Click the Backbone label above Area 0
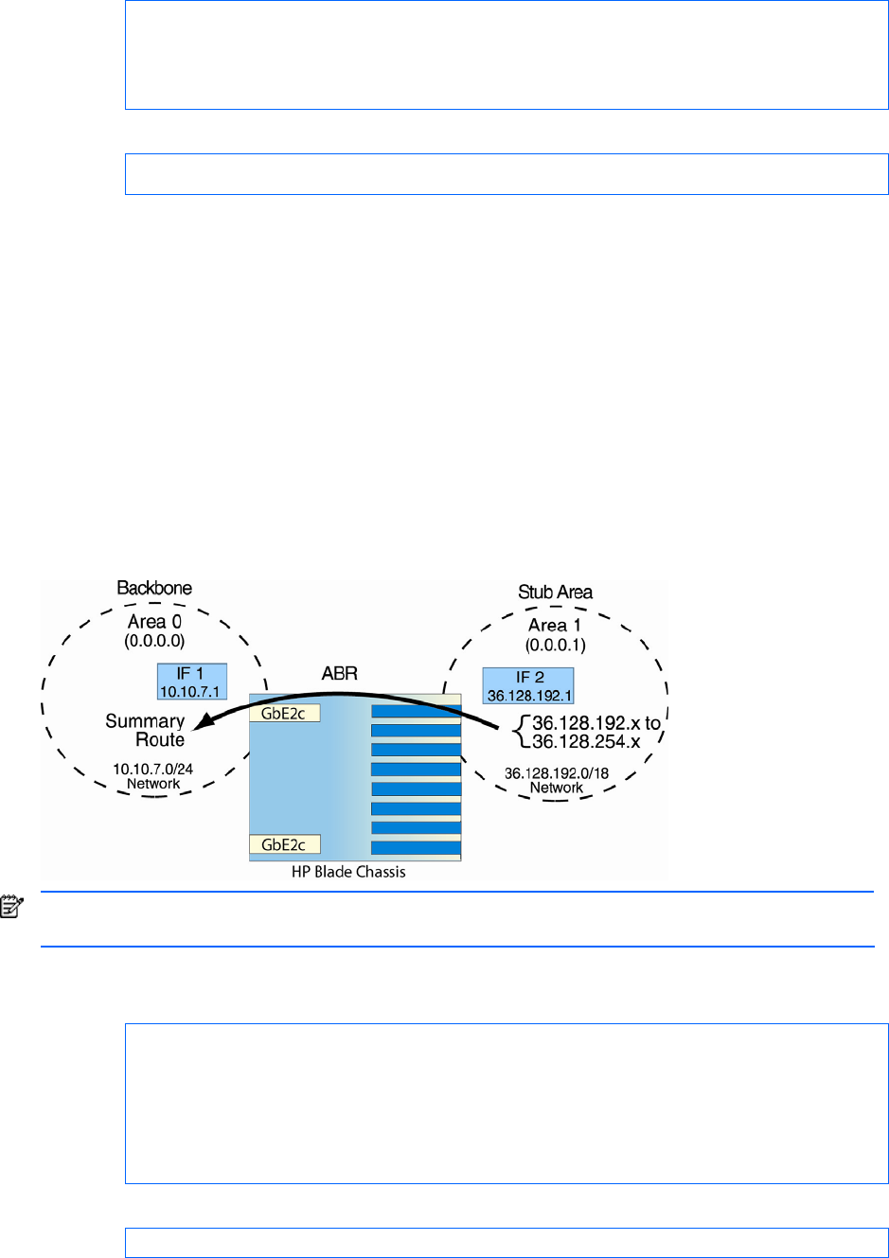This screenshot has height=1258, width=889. [154, 588]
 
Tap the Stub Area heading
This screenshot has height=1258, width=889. [555, 592]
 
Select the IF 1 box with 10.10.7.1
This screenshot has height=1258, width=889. [191, 682]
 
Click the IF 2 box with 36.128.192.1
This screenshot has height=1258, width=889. [528, 686]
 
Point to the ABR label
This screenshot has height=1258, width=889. [339, 674]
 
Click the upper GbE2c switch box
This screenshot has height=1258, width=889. [284, 714]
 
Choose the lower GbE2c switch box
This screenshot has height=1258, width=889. [284, 844]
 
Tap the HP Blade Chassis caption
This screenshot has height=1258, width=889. [348, 872]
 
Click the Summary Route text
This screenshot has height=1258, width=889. [146, 730]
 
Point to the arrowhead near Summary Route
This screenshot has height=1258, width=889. [200, 727]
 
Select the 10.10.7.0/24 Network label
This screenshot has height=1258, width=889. [152, 776]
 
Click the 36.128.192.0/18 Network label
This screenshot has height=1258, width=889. [556, 780]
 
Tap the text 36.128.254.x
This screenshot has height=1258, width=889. [586, 742]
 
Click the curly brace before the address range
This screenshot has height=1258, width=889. [520, 732]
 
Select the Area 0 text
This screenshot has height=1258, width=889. [154, 622]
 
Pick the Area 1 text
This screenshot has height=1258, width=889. [555, 626]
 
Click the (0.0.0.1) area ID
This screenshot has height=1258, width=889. [555, 646]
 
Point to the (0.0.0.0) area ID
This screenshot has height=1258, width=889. [154, 642]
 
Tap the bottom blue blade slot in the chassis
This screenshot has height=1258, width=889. [416, 848]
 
